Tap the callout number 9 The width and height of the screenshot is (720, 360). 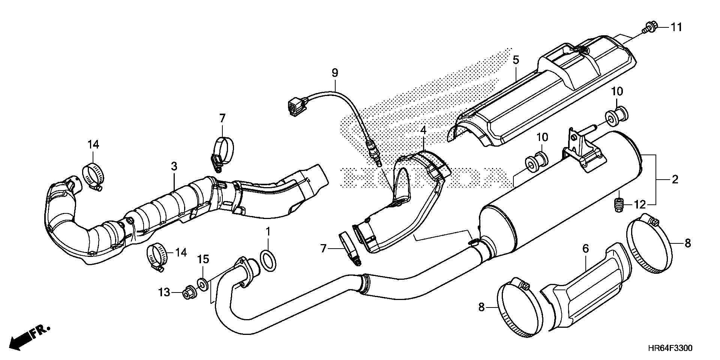334,73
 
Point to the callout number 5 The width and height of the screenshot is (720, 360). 516,60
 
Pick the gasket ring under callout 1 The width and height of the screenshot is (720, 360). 268,261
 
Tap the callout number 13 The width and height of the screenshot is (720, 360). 164,292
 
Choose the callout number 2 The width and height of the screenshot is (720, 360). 675,180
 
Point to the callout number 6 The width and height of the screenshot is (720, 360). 586,248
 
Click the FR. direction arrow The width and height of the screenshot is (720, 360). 28,336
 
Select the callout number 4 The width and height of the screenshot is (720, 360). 423,130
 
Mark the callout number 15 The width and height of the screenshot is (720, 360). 203,259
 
